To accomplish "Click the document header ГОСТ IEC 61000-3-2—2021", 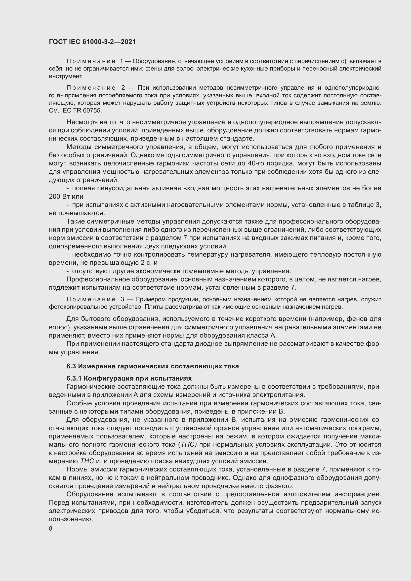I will tap(92, 42).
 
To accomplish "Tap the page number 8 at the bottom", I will tap(51, 529).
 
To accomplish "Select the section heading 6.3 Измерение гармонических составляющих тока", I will tap(153, 366).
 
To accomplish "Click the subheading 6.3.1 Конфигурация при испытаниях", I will tap(129, 378).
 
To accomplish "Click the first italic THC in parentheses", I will tap(188, 445).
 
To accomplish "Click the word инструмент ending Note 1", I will tap(66, 76).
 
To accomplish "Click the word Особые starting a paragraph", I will tap(77, 403).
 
